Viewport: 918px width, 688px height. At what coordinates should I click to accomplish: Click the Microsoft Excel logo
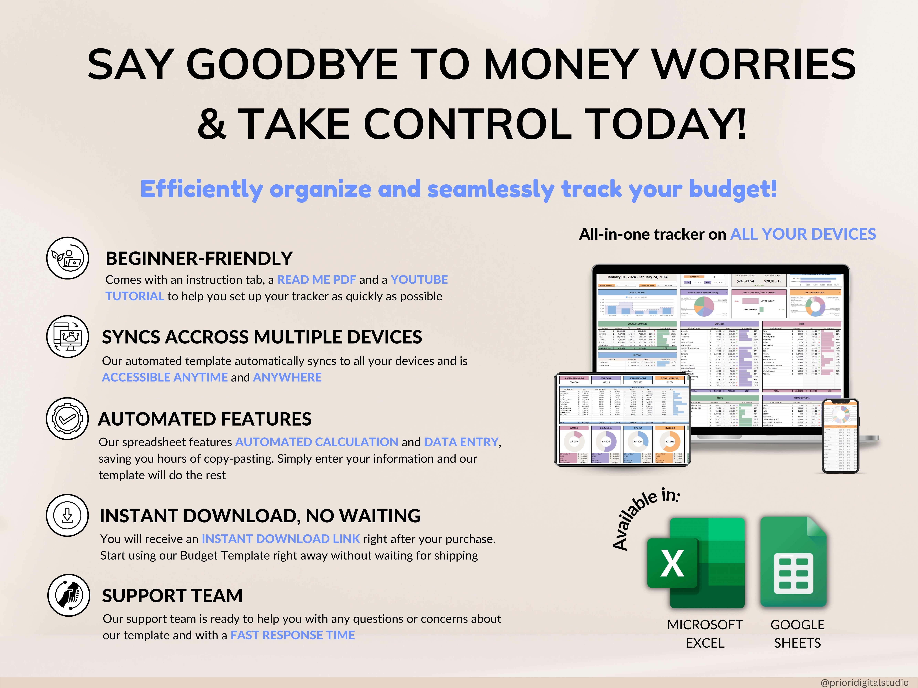pyautogui.click(x=696, y=563)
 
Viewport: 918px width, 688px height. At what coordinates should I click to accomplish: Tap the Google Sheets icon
pyautogui.click(x=794, y=563)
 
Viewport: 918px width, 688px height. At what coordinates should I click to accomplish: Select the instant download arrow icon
pyautogui.click(x=67, y=515)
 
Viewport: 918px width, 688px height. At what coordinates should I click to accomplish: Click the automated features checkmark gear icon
pyautogui.click(x=67, y=419)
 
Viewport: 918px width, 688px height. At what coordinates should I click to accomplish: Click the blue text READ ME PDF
pyautogui.click(x=316, y=280)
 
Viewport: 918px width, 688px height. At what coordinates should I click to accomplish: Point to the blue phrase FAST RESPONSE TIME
pyautogui.click(x=293, y=635)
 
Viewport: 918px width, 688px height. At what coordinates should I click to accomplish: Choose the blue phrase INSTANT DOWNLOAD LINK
pyautogui.click(x=281, y=539)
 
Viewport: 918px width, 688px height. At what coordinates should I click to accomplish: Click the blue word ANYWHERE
pyautogui.click(x=287, y=377)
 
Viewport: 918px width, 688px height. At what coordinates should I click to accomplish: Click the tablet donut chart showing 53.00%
pyautogui.click(x=606, y=441)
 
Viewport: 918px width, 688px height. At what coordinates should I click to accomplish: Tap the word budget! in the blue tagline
pyautogui.click(x=732, y=190)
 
